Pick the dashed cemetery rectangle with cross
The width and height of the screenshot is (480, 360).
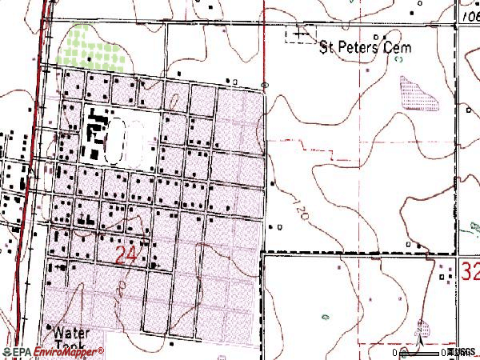299,36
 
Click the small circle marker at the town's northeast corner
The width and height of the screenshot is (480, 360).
265,83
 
